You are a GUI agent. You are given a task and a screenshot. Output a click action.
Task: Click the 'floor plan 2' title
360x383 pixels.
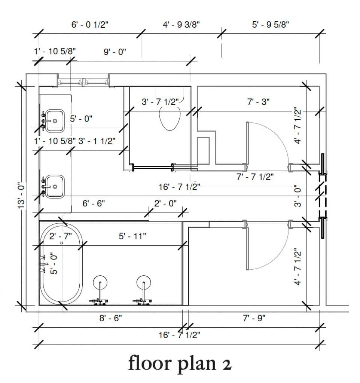click(180, 363)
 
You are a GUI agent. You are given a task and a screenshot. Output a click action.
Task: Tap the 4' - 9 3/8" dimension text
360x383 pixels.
click(181, 25)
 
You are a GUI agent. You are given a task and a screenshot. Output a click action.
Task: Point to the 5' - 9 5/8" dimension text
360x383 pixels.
click(270, 25)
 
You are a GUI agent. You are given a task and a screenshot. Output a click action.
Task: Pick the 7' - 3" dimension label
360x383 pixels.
click(258, 101)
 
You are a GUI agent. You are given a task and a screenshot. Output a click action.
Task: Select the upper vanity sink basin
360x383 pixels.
click(55, 120)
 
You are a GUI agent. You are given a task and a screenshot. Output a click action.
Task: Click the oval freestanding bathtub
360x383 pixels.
click(61, 264)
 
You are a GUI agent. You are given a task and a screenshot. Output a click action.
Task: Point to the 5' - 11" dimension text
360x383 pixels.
click(132, 236)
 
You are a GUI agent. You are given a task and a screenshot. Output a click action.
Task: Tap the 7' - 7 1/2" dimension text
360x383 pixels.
click(255, 177)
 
